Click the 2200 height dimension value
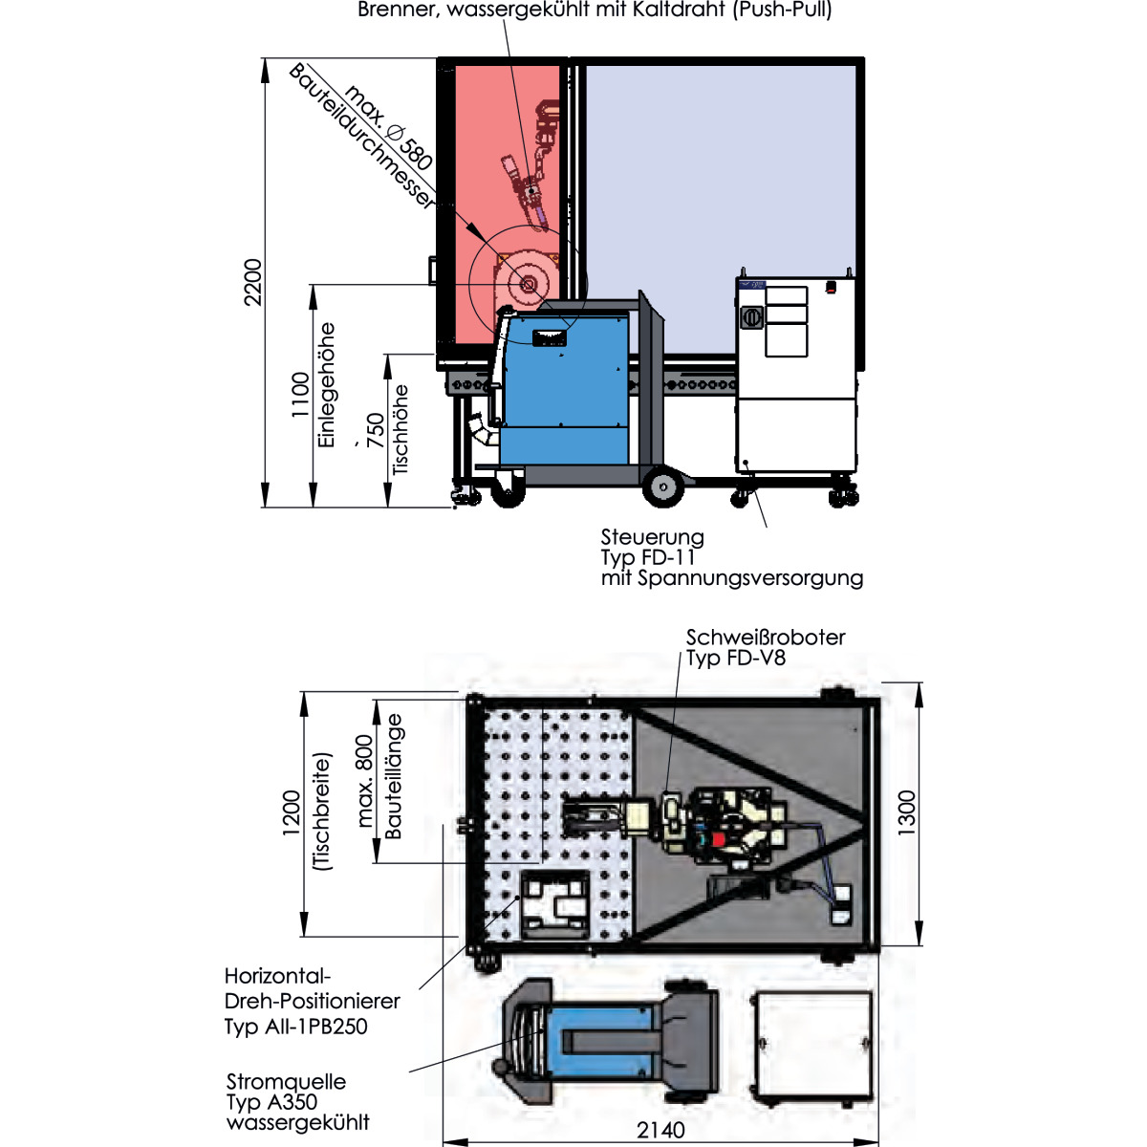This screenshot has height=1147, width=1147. (253, 282)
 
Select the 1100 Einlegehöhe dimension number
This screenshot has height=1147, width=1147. (301, 395)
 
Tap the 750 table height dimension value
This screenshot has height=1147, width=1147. (377, 430)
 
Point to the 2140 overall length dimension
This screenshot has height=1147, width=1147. (660, 1129)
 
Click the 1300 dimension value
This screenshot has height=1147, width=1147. (906, 812)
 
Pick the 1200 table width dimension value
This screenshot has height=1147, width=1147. (292, 812)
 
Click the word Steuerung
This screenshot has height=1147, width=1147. (652, 537)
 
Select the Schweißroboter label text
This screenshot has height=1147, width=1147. (766, 638)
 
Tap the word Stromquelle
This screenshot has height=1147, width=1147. (286, 1081)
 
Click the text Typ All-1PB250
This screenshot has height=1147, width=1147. (295, 1027)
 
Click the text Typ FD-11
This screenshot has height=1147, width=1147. (648, 557)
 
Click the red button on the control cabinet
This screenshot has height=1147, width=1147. (831, 288)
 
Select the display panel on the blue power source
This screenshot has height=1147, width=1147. (549, 338)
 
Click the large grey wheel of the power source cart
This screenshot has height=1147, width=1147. (663, 487)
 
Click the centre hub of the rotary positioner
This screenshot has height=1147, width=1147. (528, 285)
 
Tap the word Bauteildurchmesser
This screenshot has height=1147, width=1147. (361, 137)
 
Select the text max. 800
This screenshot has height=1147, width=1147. (365, 781)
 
